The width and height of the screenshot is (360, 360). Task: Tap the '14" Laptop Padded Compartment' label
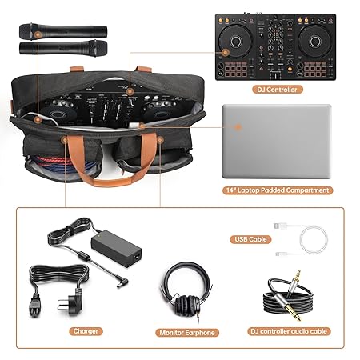(x=277, y=191)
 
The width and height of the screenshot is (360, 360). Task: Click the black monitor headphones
(x=186, y=289)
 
